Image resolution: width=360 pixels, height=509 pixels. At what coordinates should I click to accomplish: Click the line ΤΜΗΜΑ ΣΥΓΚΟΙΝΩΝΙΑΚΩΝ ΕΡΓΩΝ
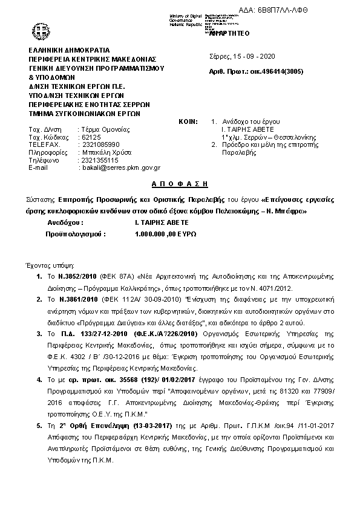point(85,113)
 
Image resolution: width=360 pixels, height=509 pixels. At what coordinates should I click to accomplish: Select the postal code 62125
point(90,138)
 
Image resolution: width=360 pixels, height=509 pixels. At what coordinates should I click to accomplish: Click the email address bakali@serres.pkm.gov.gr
point(120,167)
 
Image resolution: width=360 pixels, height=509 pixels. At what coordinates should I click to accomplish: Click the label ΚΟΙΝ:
point(188,122)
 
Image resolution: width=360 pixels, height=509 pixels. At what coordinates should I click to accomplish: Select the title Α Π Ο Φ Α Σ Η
point(179,182)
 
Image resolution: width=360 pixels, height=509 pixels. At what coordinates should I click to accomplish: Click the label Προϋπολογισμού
point(73,233)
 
